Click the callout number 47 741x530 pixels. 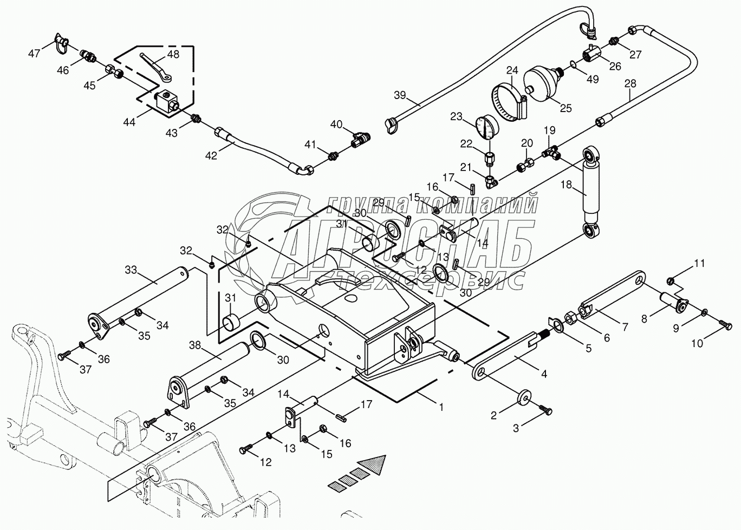point(35,53)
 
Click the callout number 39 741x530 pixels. point(400,96)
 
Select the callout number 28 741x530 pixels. point(630,84)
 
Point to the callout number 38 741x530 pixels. point(196,344)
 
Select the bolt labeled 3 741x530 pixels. point(544,411)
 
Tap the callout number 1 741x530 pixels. point(441,407)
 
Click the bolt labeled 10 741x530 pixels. point(725,324)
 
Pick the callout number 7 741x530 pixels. point(625,327)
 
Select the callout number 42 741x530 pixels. point(211,155)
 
